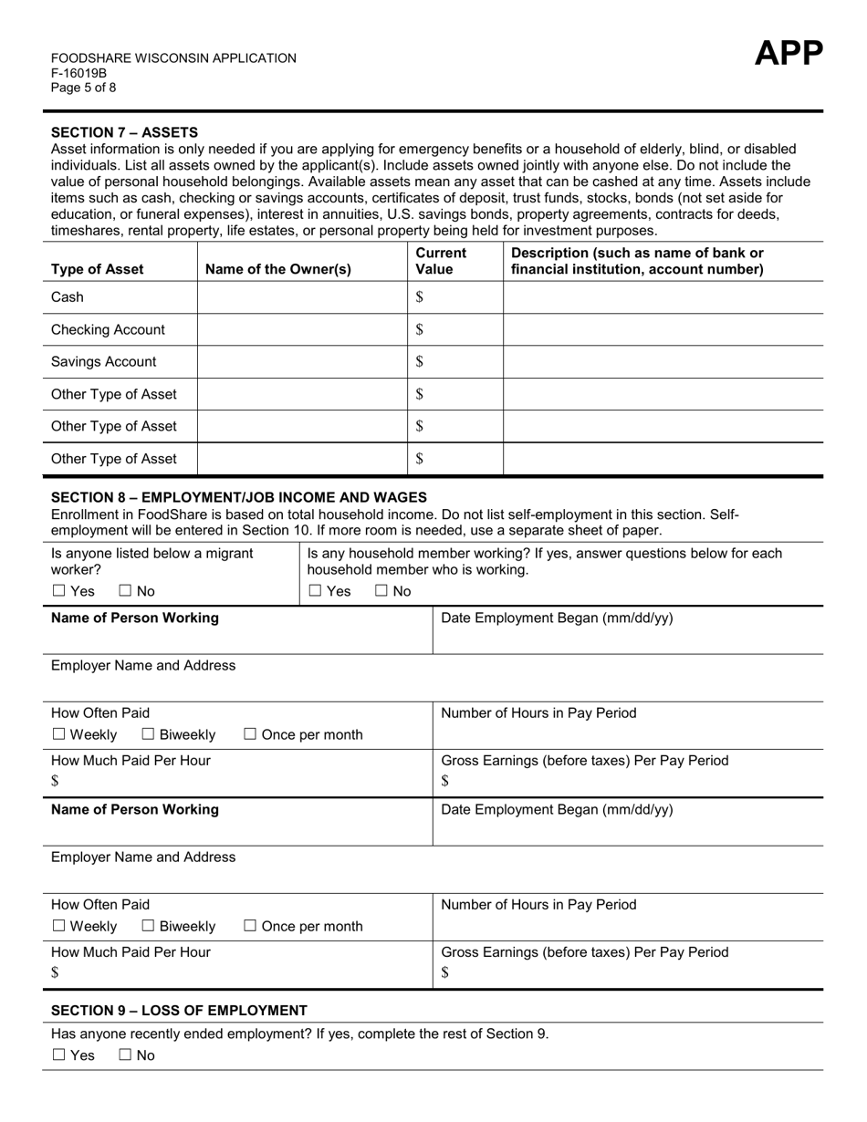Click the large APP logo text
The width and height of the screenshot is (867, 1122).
pos(788,55)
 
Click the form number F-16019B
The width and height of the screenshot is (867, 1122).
pos(78,73)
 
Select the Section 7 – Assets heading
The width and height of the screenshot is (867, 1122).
pos(124,132)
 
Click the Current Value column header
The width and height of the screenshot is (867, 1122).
pos(441,261)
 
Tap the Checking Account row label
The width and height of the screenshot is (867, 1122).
pos(108,329)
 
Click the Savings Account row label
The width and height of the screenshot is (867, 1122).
pos(103,361)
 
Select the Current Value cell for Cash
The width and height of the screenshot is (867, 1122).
pos(454,297)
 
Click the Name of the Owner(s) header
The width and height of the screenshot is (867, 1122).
pos(278,269)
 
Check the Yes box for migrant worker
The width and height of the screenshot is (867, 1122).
pos(59,591)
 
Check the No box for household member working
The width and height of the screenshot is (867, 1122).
pos(381,591)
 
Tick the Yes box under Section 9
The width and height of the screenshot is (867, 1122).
pos(59,1055)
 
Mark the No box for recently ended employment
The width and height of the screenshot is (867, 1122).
pos(126,1055)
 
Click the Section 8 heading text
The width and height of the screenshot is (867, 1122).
pos(238,497)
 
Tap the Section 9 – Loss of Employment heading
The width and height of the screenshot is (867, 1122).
pos(179,1011)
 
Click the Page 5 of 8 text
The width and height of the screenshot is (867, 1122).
pos(83,88)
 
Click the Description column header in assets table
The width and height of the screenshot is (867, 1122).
pos(637,261)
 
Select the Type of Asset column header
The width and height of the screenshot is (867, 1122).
pos(97,269)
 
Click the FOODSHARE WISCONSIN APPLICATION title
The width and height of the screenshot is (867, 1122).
pos(173,58)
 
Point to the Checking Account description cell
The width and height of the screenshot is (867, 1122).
pos(663,329)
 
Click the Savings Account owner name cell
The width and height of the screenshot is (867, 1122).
pos(301,361)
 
